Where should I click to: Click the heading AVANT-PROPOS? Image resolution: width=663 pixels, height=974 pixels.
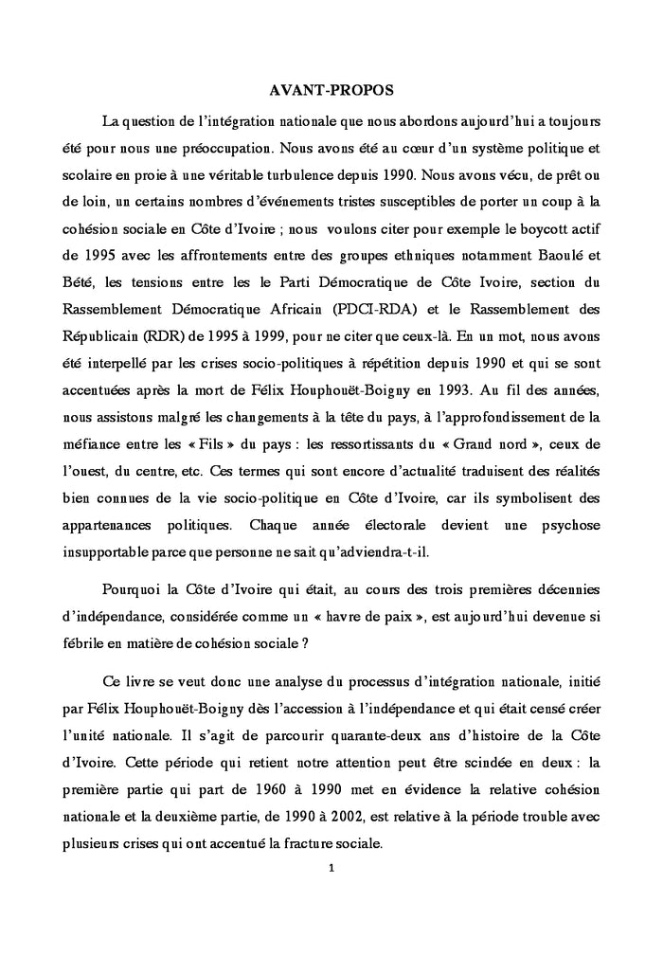click(331, 90)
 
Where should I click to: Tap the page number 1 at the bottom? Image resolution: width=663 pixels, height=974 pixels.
click(331, 867)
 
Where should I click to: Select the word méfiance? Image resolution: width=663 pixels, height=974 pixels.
click(80, 442)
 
